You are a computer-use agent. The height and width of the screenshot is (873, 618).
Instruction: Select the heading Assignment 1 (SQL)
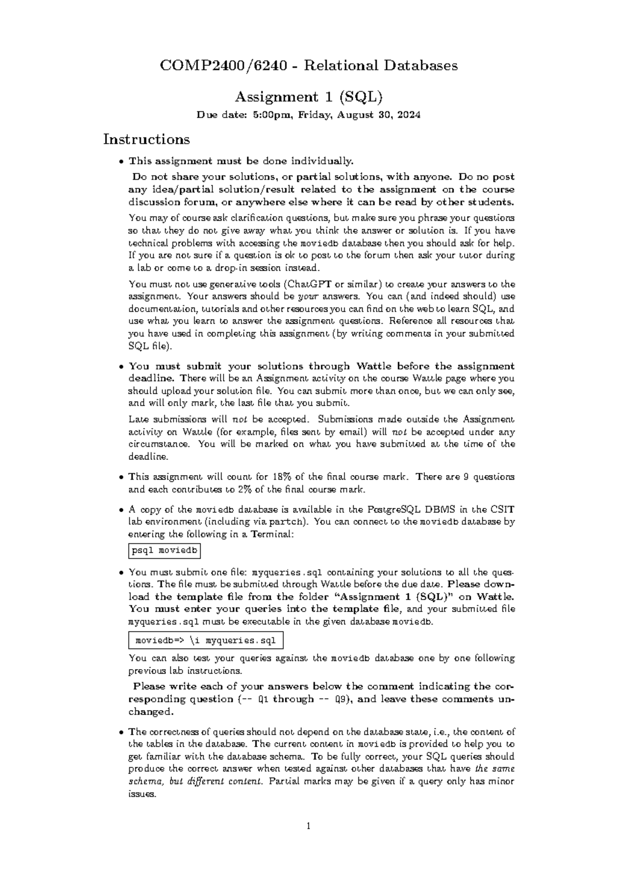tap(308, 97)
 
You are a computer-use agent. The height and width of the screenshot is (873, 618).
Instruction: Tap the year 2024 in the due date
tap(408, 115)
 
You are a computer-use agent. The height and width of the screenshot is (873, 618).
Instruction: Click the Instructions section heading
tap(146, 139)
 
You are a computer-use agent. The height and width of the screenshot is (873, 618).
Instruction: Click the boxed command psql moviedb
tap(164, 551)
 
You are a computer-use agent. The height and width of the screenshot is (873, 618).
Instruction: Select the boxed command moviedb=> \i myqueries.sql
tap(205, 641)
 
